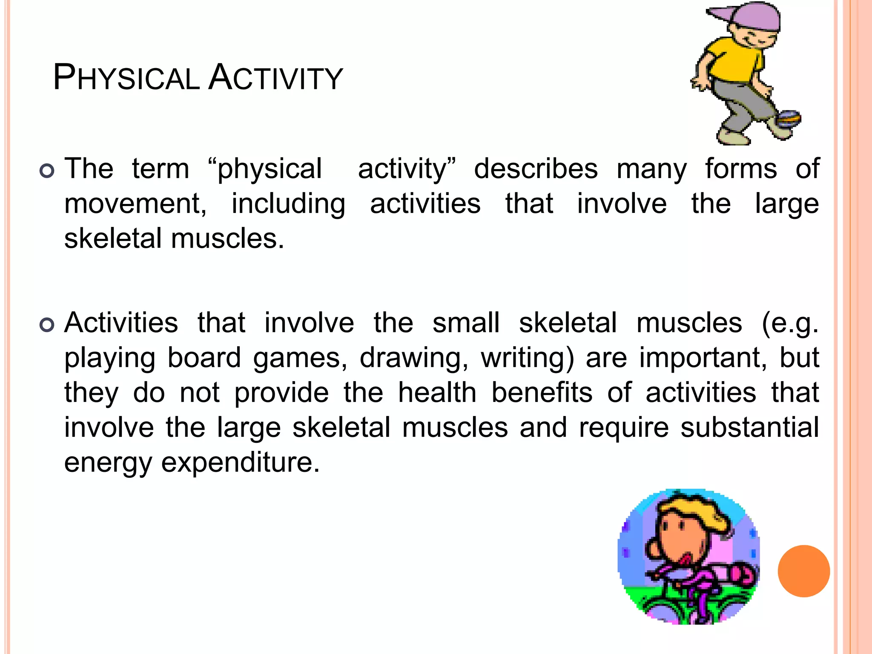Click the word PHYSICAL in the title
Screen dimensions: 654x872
[x=126, y=78]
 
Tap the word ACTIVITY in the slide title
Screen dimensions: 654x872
[x=275, y=78]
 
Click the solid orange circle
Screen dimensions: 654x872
[x=803, y=571]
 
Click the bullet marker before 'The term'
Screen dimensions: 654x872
[x=47, y=171]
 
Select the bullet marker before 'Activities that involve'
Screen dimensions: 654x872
[x=47, y=325]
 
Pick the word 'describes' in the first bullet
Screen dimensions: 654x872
[x=536, y=169]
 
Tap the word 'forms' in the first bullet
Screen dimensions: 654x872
[x=741, y=169]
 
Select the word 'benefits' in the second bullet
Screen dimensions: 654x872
[x=542, y=393]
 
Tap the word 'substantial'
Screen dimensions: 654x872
[x=749, y=427]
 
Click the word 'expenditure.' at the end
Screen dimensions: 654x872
[x=241, y=463]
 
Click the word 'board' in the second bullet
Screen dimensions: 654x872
[x=204, y=358]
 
